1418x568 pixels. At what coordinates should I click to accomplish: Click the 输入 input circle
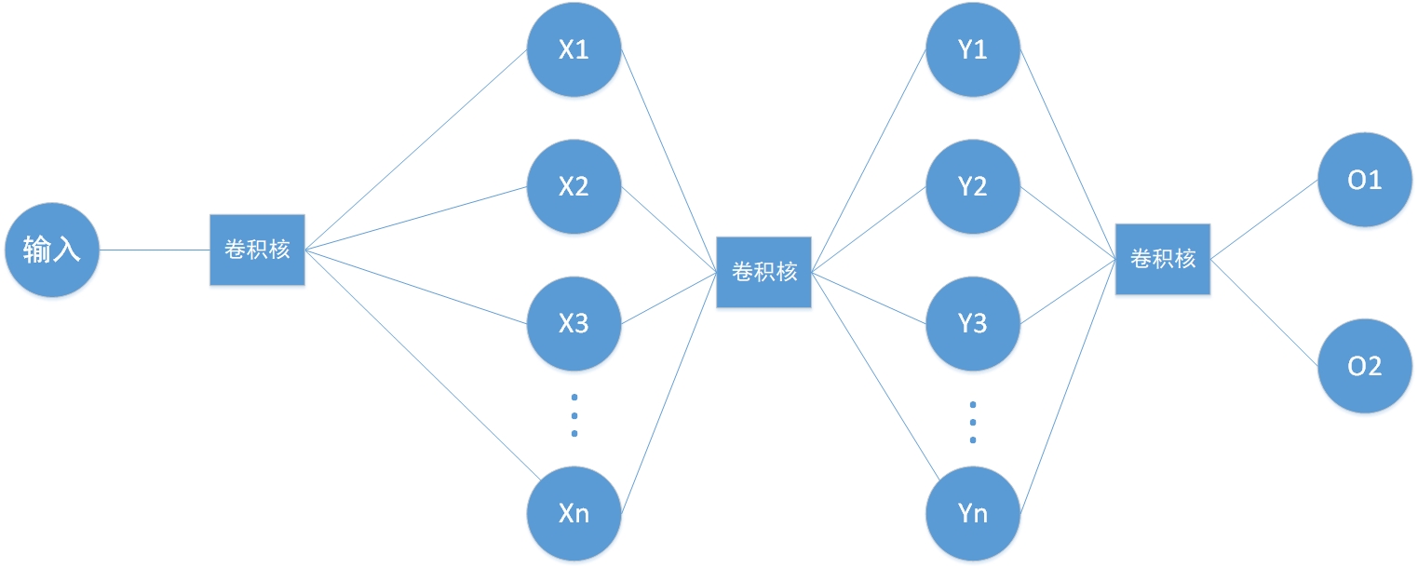[51, 250]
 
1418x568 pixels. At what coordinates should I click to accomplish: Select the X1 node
[574, 49]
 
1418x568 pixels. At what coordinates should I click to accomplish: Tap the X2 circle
[574, 186]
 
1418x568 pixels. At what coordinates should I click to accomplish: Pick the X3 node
[574, 324]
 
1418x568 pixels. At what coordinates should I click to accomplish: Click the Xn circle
[574, 512]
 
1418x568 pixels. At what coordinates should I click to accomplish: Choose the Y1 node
[973, 49]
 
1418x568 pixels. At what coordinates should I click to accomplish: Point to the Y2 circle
[973, 186]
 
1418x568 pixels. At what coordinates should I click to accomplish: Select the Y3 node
[973, 324]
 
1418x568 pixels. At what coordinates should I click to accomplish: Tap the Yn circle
[973, 512]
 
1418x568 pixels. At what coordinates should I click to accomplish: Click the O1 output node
[1365, 180]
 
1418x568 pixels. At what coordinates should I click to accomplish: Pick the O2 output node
[1365, 366]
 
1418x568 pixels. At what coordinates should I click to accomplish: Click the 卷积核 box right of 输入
[257, 250]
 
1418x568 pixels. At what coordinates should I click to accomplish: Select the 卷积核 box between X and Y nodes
[763, 272]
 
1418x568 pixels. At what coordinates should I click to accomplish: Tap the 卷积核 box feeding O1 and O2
[1163, 259]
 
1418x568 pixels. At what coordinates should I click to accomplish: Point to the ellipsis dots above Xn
[574, 415]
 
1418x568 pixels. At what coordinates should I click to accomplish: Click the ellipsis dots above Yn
[973, 422]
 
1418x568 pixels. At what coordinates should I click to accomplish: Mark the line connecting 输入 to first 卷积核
[154, 250]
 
